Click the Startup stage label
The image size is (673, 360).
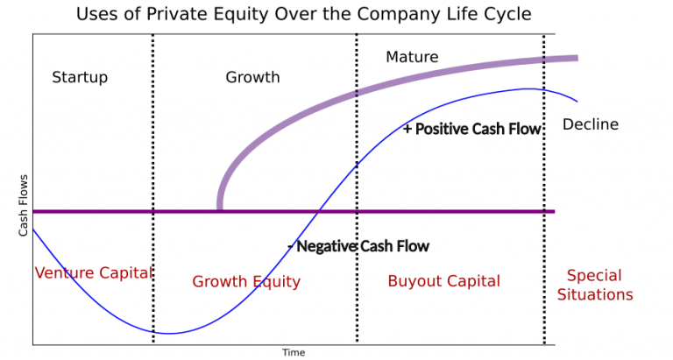[x=80, y=77]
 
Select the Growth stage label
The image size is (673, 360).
[x=252, y=77]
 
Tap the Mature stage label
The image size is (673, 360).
[x=412, y=58]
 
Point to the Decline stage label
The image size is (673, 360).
[x=590, y=124]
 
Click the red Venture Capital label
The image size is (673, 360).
[x=94, y=272]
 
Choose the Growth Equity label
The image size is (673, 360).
[x=246, y=281]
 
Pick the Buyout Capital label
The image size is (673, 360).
[x=443, y=281]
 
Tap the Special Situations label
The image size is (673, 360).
[x=595, y=285]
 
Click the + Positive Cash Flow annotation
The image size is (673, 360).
[x=472, y=129]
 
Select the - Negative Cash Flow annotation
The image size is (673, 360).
[x=358, y=246]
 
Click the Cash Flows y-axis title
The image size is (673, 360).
[x=24, y=206]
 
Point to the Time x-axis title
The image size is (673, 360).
[x=294, y=352]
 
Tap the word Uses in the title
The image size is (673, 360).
[x=96, y=14]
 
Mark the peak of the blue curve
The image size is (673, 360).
[x=528, y=88]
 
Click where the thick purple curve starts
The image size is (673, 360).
[x=219, y=208]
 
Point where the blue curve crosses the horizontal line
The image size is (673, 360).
[x=320, y=211]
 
